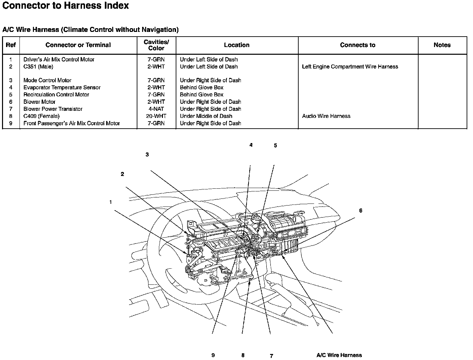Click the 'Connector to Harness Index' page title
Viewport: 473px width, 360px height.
pyautogui.click(x=66, y=6)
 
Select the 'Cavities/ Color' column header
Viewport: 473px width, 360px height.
pyautogui.click(x=156, y=45)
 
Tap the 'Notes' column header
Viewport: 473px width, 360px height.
pyautogui.click(x=442, y=45)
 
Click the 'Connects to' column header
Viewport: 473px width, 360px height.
pyautogui.click(x=357, y=45)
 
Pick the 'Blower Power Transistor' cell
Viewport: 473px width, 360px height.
pyautogui.click(x=53, y=109)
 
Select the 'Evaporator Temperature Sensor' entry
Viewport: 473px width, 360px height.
pyautogui.click(x=62, y=87)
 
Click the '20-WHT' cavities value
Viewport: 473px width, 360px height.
pyautogui.click(x=156, y=116)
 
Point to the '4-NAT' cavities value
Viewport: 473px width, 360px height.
pyautogui.click(x=156, y=109)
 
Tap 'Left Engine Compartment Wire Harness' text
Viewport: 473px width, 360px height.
pyautogui.click(x=350, y=66)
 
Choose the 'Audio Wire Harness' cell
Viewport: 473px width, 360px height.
pyautogui.click(x=326, y=116)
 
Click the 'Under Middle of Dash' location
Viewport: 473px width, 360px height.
pyautogui.click(x=206, y=116)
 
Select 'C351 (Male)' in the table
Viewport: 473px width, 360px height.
pyautogui.click(x=38, y=66)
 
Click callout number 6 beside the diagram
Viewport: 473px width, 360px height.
pyautogui.click(x=360, y=211)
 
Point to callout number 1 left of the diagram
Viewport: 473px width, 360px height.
pyautogui.click(x=111, y=202)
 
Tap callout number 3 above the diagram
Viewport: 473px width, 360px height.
pyautogui.click(x=147, y=155)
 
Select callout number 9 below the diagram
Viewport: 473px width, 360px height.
pyautogui.click(x=213, y=355)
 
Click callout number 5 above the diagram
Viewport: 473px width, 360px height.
pyautogui.click(x=275, y=146)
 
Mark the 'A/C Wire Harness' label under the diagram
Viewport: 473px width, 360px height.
pyautogui.click(x=339, y=355)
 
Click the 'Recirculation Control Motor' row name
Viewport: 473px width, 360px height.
pyautogui.click(x=56, y=95)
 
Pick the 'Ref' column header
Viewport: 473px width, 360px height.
pyautogui.click(x=11, y=45)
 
